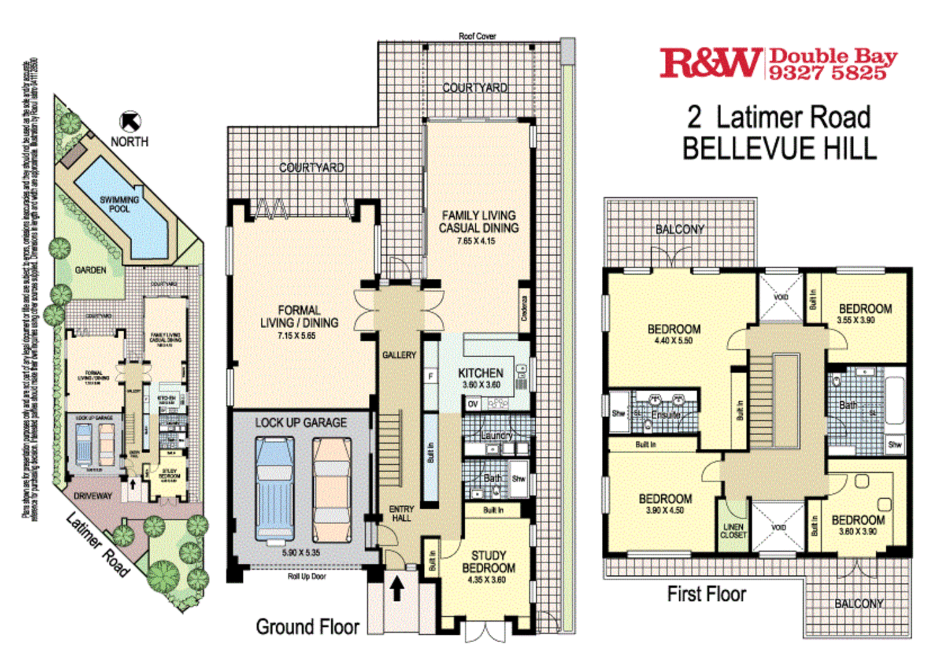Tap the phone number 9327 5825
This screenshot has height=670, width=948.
[x=827, y=73]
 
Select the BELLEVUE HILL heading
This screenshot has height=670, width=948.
[x=779, y=149]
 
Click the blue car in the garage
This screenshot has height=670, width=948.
[x=274, y=491]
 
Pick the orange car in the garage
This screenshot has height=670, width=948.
[x=332, y=491]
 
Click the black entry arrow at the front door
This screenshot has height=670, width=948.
[x=397, y=588]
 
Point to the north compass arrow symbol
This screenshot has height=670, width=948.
[x=130, y=121]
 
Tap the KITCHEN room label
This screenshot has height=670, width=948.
[x=480, y=373]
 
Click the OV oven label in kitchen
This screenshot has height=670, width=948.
[x=473, y=404]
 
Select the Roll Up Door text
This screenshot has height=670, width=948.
[x=307, y=577]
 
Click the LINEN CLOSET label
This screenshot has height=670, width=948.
[x=734, y=531]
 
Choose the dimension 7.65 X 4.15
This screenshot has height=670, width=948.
[x=476, y=241]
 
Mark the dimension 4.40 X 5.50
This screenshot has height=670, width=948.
[x=674, y=341]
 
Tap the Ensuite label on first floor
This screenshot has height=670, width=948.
[x=666, y=415]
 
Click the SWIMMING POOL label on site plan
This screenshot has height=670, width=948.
[x=119, y=204]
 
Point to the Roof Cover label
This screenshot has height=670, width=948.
[x=477, y=36]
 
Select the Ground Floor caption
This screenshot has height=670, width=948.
[x=307, y=627]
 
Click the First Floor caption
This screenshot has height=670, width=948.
[x=706, y=594]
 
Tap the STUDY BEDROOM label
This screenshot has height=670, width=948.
[x=488, y=562]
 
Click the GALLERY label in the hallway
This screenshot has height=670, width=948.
[x=399, y=355]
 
